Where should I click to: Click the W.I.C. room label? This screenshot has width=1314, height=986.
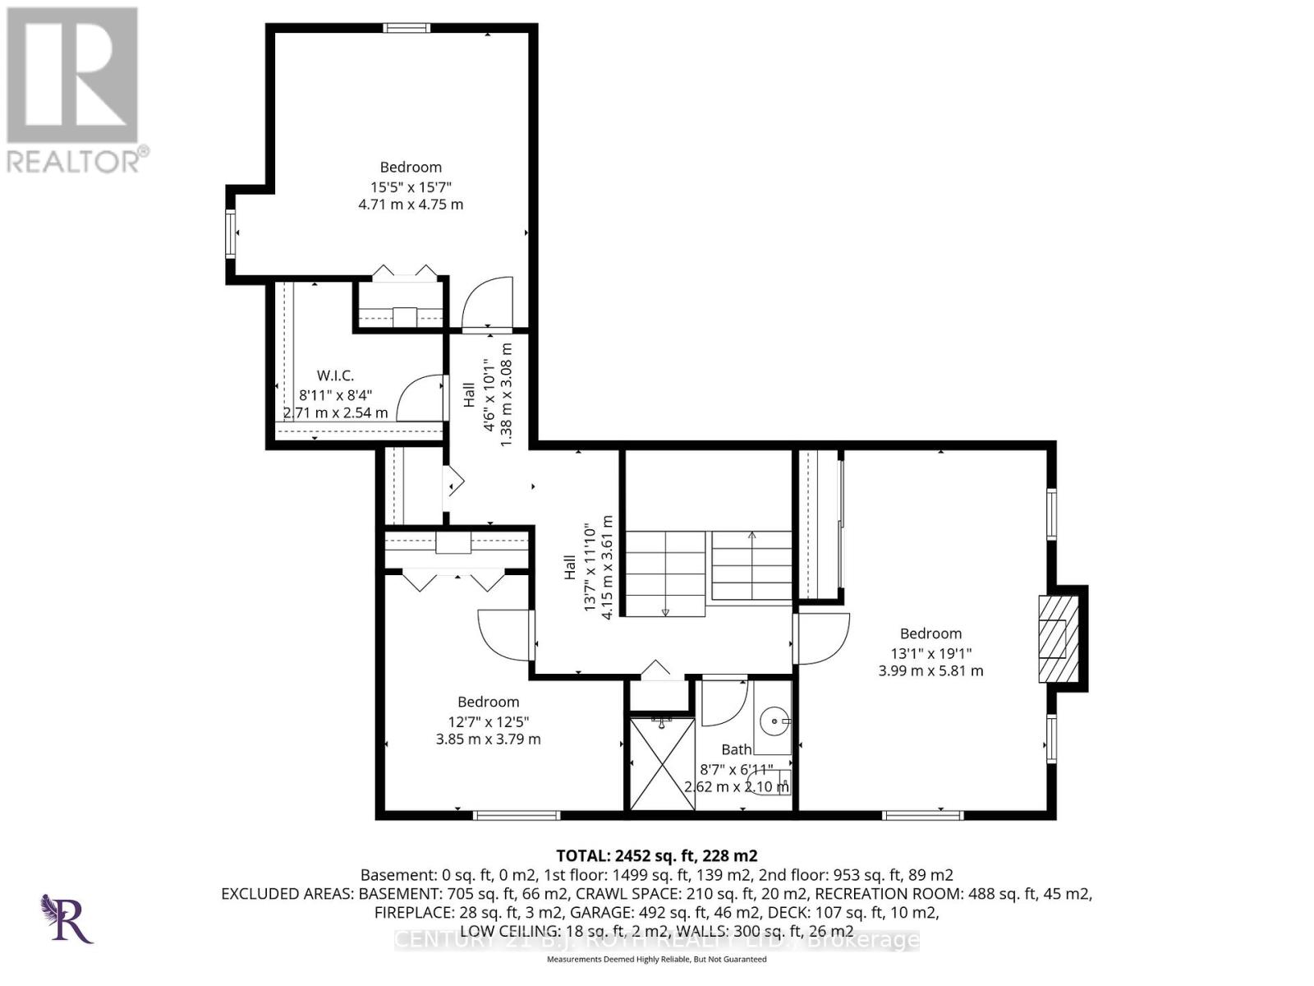(335, 376)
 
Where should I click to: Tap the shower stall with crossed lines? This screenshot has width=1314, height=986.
(662, 763)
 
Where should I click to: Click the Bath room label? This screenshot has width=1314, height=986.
(736, 749)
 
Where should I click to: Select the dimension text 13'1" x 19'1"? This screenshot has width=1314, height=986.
(930, 652)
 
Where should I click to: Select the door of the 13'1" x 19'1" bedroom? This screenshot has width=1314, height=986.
(822, 638)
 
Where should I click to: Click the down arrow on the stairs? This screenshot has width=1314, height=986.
(665, 610)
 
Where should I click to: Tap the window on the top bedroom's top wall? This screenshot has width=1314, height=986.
(407, 28)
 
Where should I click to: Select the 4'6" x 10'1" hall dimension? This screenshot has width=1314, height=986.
(489, 394)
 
